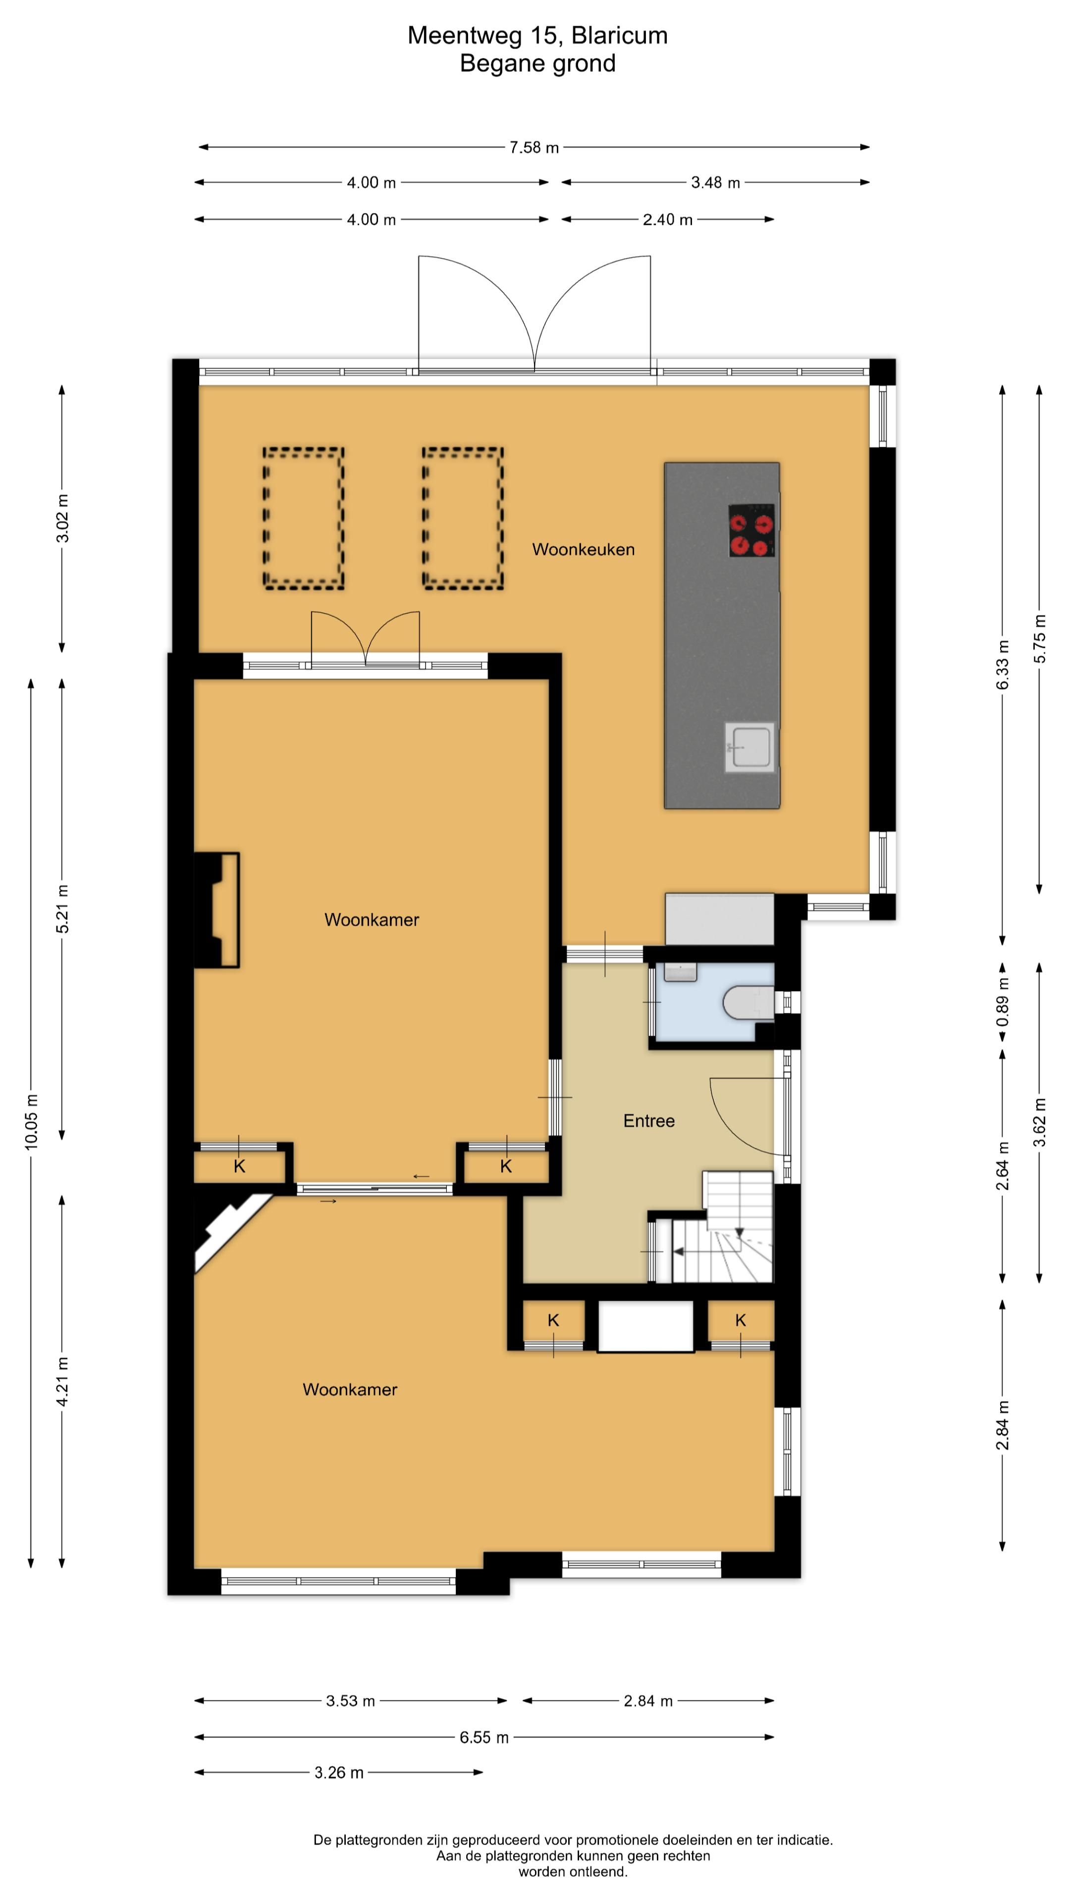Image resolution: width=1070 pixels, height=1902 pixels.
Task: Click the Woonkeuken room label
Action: pos(584,549)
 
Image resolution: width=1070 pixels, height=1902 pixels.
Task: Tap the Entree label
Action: pos(649,1121)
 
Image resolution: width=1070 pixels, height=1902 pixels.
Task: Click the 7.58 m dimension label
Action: pos(534,148)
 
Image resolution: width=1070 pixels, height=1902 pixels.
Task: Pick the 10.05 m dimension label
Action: pos(31,1121)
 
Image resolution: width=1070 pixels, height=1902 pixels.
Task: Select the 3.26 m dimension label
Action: pos(339,1773)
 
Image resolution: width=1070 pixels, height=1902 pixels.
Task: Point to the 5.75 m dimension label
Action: pos(1039,638)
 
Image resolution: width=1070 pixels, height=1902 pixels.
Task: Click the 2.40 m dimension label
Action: pos(668,219)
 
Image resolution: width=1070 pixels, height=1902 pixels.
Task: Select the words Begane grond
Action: pos(537,63)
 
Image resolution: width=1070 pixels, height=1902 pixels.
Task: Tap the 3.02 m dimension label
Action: pos(62,518)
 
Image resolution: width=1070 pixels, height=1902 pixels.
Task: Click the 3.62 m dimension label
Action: pos(1039,1122)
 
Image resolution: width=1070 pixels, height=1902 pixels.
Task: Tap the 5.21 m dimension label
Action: pos(62,909)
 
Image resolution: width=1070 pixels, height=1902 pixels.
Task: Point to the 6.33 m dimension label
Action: pos(1002,665)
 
